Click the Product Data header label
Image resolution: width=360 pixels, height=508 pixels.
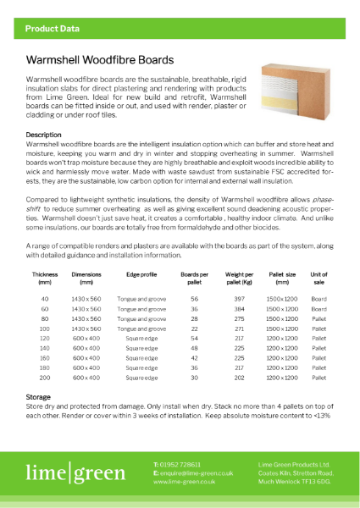(x=53, y=29)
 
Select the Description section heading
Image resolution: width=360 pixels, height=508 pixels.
(x=43, y=135)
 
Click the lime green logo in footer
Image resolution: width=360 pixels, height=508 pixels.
(x=75, y=472)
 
